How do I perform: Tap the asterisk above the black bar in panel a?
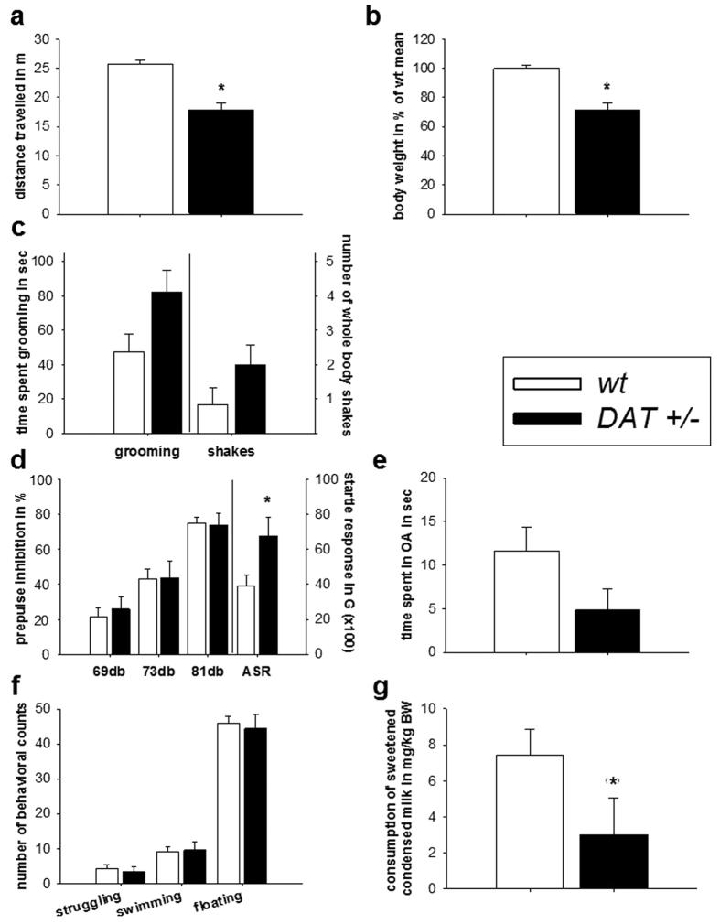tap(220, 89)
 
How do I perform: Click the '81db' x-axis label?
tap(204, 669)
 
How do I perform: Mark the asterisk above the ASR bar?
tap(267, 500)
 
